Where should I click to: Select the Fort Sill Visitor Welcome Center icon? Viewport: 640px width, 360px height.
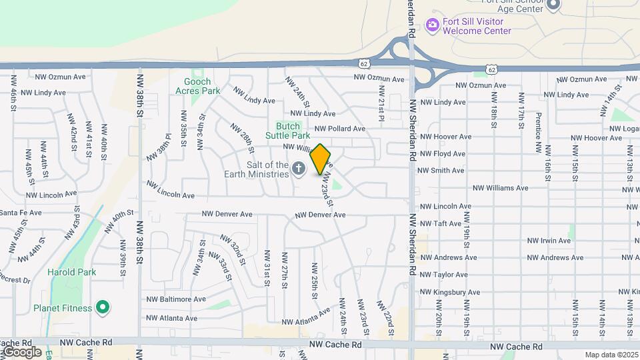tap(432, 25)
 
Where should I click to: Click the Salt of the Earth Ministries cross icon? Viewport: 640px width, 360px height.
tap(299, 169)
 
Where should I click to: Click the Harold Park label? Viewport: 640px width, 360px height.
tap(71, 272)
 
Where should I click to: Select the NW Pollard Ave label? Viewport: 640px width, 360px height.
tap(340, 128)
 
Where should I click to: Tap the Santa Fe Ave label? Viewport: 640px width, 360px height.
tap(20, 213)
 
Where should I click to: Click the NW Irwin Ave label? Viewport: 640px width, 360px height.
tap(549, 241)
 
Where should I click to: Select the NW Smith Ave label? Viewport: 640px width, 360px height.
tap(440, 171)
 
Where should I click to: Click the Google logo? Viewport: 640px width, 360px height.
tap(21, 351)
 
